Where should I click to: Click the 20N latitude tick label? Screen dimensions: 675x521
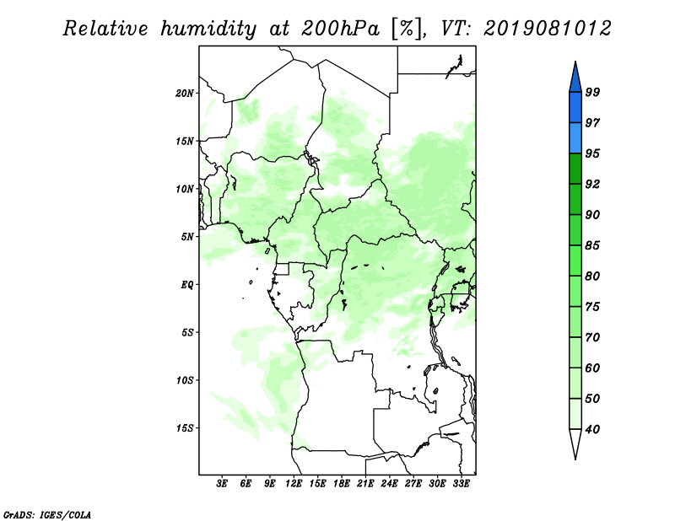click(185, 93)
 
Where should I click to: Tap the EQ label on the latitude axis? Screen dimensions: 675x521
click(187, 284)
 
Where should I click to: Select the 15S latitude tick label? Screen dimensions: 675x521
click(185, 427)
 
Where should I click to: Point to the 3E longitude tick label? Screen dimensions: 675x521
click(222, 483)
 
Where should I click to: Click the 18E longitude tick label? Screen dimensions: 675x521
click(342, 483)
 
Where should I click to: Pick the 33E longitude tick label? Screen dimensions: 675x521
click(461, 483)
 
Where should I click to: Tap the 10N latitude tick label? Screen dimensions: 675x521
click(185, 189)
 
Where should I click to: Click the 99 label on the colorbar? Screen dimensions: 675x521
click(593, 92)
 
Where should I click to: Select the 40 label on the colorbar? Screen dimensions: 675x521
click(593, 429)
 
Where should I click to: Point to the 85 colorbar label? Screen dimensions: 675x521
click(593, 245)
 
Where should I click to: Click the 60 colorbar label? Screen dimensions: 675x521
click(593, 368)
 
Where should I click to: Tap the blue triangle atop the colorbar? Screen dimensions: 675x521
click(575, 79)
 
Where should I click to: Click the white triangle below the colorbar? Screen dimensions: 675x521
click(575, 441)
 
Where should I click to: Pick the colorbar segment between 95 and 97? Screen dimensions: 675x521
click(575, 138)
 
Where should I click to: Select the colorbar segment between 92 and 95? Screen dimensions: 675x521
click(575, 169)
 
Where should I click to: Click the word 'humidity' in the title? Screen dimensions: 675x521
click(208, 30)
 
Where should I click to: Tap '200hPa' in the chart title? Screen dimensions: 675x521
click(341, 29)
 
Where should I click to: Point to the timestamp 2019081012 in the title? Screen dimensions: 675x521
click(547, 29)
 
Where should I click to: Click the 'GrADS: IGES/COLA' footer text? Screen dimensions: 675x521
click(47, 514)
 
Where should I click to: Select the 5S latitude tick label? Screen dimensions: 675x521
click(187, 332)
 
